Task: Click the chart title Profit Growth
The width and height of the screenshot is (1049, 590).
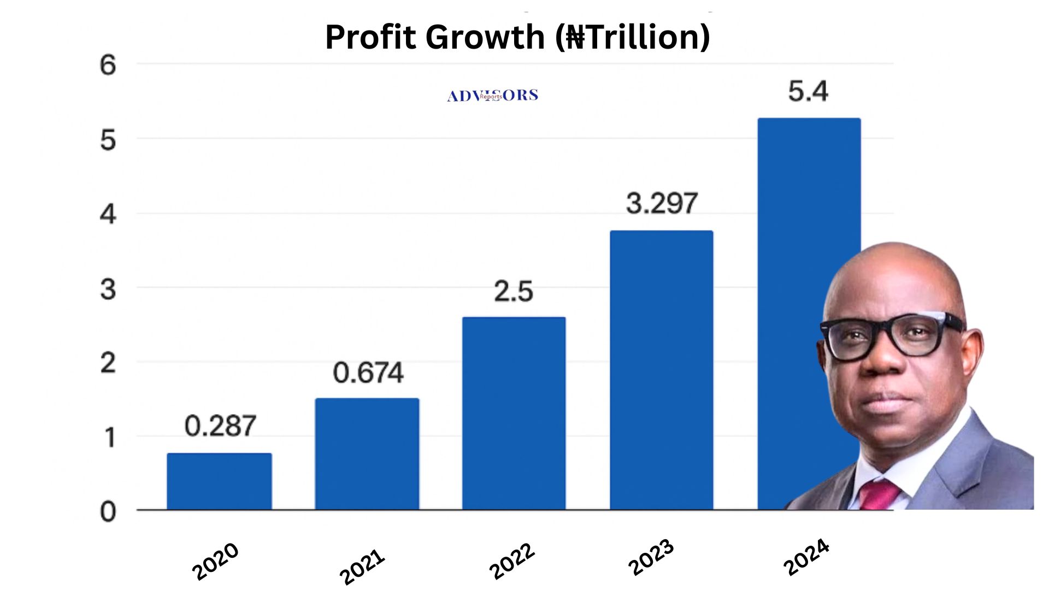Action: (517, 37)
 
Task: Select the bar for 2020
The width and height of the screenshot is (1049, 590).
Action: (219, 481)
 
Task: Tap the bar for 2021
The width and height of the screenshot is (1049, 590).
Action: (367, 454)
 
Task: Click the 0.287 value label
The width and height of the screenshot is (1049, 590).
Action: (220, 426)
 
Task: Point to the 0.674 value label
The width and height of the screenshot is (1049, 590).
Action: (368, 373)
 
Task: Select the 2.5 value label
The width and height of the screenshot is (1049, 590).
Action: (514, 291)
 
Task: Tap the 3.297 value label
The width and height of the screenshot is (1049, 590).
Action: (662, 203)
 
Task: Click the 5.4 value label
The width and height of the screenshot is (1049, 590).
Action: (808, 91)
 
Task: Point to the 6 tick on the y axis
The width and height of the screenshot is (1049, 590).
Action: (108, 66)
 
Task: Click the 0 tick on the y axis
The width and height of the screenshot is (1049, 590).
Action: (108, 512)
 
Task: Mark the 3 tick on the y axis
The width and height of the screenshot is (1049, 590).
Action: (108, 289)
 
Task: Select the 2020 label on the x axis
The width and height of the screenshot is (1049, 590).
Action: (215, 561)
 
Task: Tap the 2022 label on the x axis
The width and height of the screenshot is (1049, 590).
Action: (511, 561)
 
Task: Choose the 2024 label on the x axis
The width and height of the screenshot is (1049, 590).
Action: (806, 557)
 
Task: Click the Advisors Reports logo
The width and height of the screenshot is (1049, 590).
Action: (492, 96)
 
